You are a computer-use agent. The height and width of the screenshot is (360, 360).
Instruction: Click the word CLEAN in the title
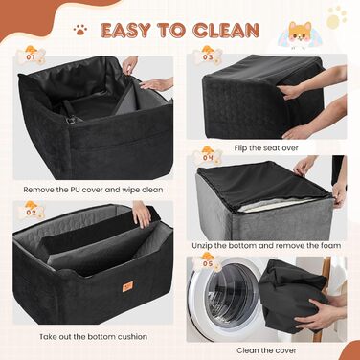click(x=226, y=31)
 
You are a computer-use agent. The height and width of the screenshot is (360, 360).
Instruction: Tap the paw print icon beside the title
click(x=80, y=30)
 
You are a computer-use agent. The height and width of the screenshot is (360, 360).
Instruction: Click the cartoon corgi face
click(x=300, y=32)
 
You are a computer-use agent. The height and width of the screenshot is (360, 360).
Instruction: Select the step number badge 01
click(x=31, y=56)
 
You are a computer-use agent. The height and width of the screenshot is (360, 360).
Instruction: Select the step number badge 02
click(x=31, y=211)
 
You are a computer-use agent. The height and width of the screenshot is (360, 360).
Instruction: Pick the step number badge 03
click(x=208, y=56)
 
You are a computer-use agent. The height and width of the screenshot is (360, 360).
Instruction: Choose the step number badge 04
click(x=208, y=156)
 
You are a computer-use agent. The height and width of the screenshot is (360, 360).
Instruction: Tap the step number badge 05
click(x=208, y=262)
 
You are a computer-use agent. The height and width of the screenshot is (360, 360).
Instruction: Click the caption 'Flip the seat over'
click(x=266, y=148)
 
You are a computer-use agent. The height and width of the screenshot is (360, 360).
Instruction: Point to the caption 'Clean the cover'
click(x=266, y=350)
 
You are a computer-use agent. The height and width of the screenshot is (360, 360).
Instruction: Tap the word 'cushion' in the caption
click(x=132, y=337)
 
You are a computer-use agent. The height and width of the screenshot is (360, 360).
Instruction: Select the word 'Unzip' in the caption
click(x=202, y=246)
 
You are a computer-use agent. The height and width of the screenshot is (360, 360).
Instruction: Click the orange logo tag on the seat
click(x=127, y=286)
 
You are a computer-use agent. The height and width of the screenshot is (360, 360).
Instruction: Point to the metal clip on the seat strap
click(x=71, y=120)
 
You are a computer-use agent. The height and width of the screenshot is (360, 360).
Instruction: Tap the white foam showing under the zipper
click(x=271, y=204)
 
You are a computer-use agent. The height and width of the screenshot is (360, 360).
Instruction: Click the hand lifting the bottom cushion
click(x=141, y=214)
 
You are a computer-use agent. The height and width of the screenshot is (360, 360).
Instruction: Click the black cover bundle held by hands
click(x=290, y=295)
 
